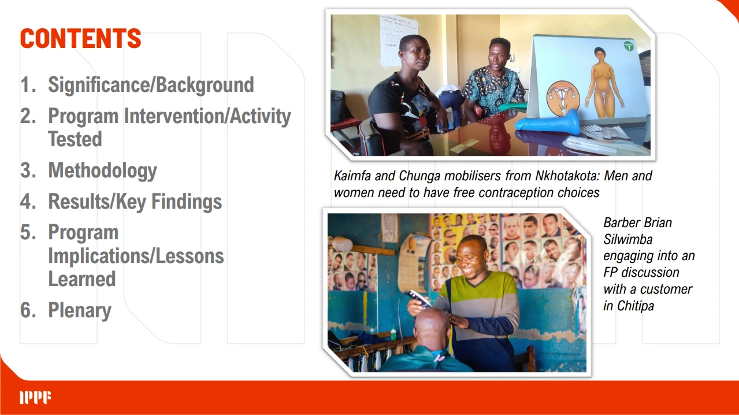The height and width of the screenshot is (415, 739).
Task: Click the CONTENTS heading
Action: (80, 38)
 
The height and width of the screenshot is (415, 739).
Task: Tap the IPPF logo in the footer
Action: (35, 398)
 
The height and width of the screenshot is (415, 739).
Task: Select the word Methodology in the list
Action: (103, 171)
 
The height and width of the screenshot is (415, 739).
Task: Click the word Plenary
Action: (80, 311)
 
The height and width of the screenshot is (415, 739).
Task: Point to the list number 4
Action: (28, 201)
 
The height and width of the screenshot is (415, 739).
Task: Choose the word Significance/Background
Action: (151, 85)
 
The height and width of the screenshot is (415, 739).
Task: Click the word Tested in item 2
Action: (75, 139)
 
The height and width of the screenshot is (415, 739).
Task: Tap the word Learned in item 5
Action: (82, 279)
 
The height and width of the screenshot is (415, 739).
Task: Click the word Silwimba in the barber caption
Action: (628, 239)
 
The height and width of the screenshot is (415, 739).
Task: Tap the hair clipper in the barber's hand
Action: (418, 298)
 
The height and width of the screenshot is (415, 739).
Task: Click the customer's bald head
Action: (432, 327)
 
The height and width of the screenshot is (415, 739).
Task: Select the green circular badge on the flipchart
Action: (629, 46)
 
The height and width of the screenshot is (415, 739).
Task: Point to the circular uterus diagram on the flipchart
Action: (563, 98)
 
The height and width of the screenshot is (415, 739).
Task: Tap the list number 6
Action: (28, 310)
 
